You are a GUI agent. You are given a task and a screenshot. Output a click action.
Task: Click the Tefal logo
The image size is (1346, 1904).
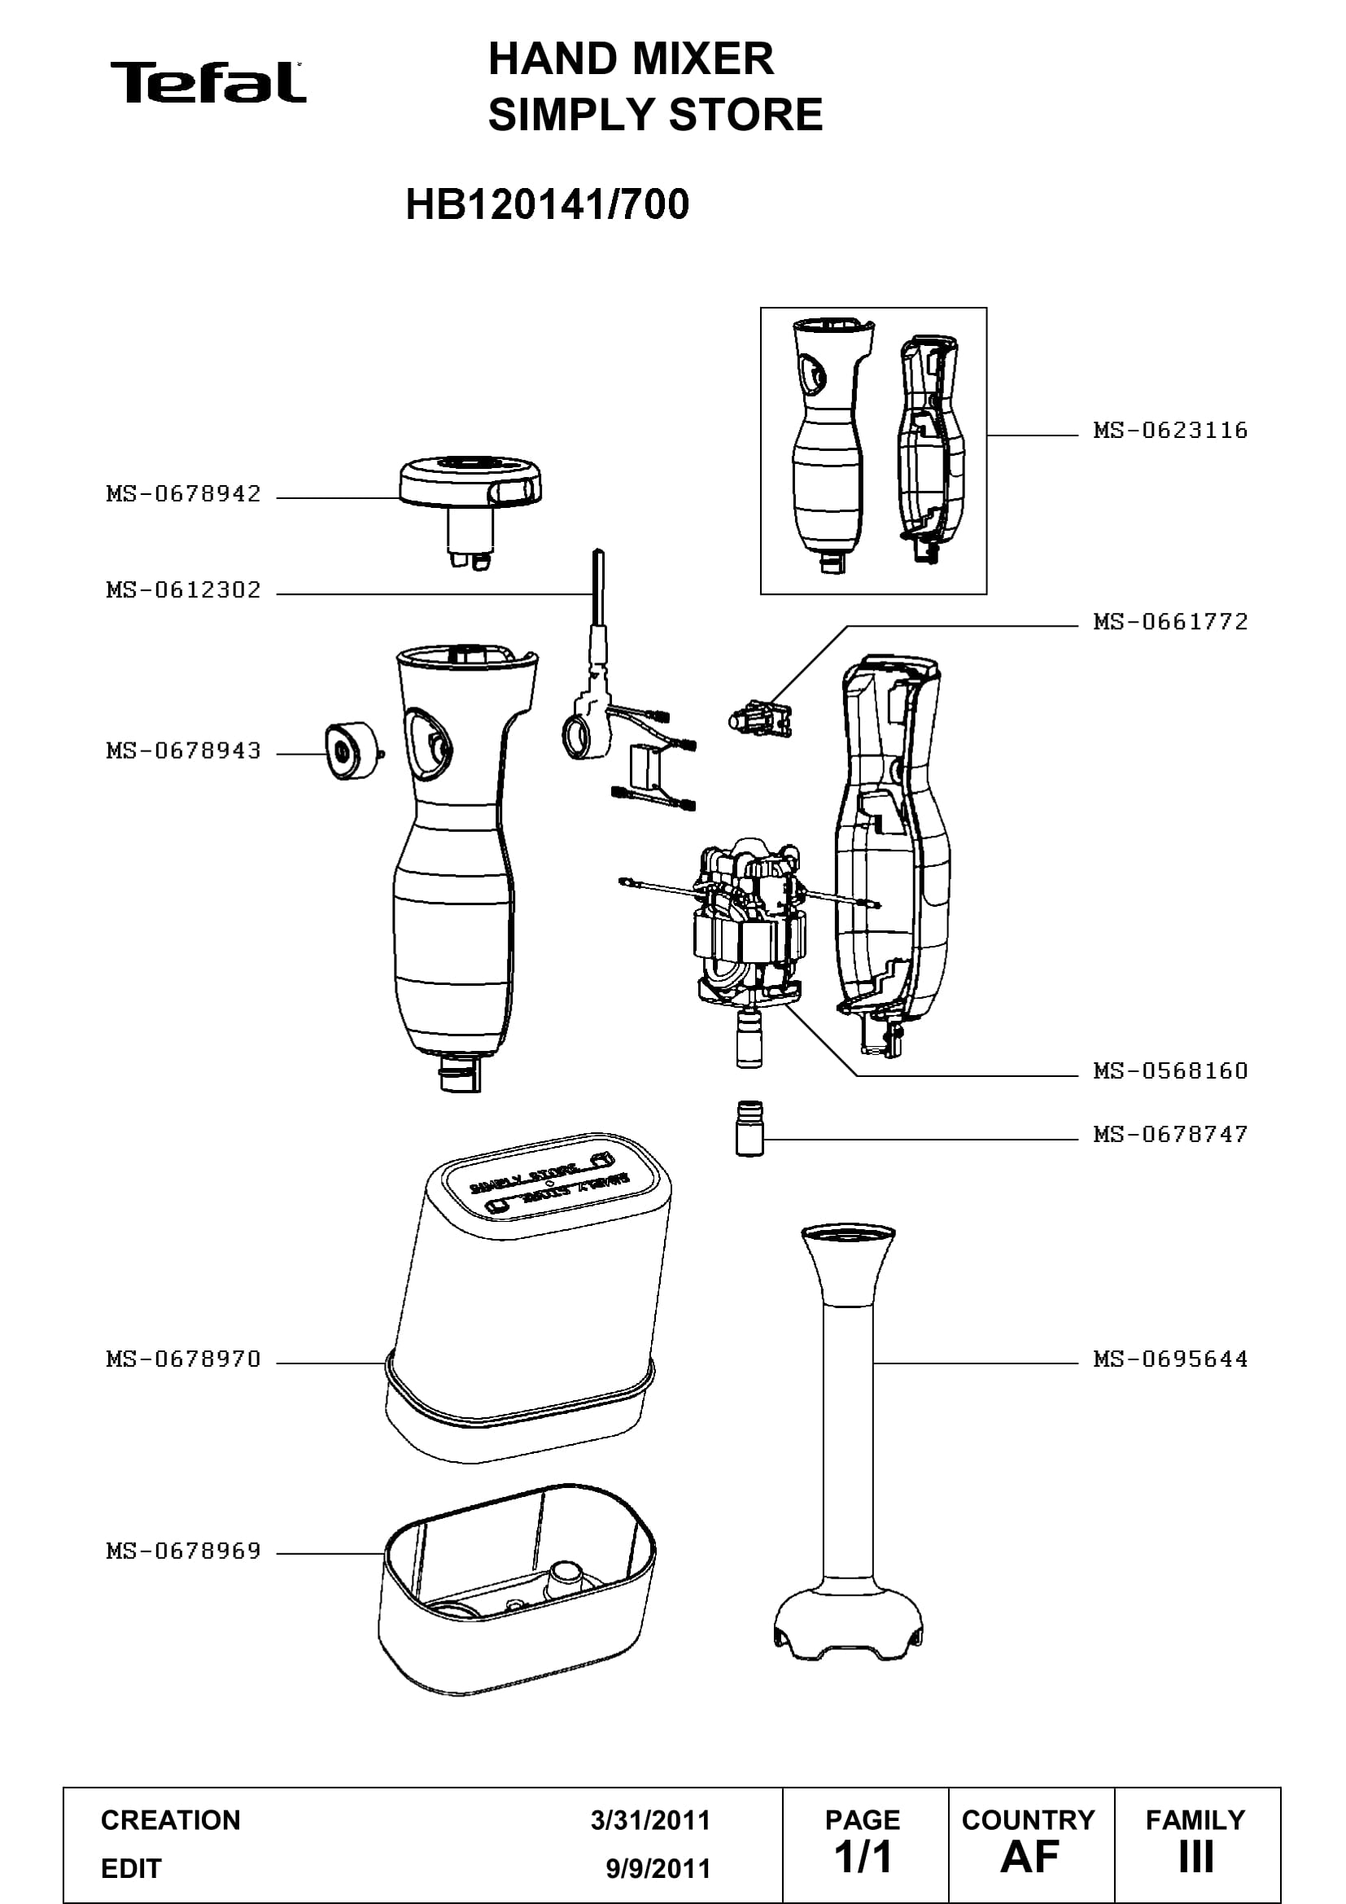click(x=208, y=82)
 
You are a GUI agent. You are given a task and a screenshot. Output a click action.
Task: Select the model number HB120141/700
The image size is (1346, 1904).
click(x=547, y=204)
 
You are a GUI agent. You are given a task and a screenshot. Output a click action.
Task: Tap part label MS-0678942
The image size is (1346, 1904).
click(x=183, y=494)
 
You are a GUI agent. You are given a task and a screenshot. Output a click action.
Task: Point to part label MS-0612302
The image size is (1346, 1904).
click(x=183, y=590)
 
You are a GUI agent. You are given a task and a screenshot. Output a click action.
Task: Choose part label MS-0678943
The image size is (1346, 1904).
click(x=183, y=751)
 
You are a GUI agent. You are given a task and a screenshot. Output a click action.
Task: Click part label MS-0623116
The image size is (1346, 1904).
click(x=1170, y=431)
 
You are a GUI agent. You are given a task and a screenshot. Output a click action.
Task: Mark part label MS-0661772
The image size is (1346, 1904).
click(x=1170, y=622)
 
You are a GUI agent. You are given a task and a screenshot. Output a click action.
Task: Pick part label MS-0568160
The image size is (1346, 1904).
click(x=1170, y=1071)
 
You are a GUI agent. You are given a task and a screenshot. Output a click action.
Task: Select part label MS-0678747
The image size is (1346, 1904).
click(x=1170, y=1135)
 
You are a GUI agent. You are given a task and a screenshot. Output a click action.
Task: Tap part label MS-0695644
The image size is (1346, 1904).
click(x=1170, y=1359)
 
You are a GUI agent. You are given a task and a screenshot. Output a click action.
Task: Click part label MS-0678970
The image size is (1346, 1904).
click(x=183, y=1359)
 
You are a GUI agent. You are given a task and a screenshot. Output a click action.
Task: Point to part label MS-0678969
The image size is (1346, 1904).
click(x=183, y=1551)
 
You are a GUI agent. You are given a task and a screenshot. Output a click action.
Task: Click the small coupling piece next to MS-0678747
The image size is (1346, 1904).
click(x=749, y=1128)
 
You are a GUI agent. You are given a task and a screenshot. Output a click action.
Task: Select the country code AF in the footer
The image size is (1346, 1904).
click(x=1029, y=1857)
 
